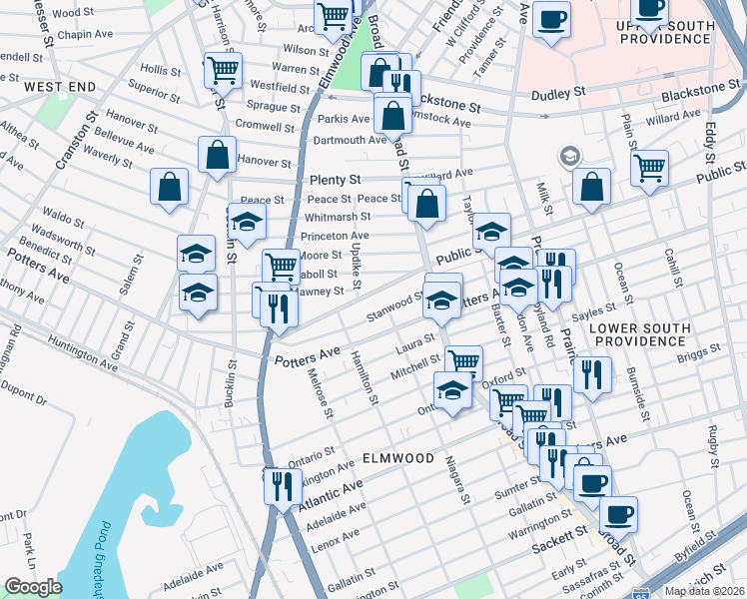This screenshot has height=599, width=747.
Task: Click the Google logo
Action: [x=33, y=587]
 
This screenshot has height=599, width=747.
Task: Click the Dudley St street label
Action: [x=557, y=93]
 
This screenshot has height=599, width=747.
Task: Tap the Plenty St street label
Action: [x=334, y=180]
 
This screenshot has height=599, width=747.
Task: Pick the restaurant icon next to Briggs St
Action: [x=593, y=374]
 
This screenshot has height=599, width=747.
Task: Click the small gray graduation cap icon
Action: [x=570, y=156]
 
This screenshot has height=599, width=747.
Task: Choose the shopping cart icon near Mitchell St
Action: [x=463, y=361]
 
